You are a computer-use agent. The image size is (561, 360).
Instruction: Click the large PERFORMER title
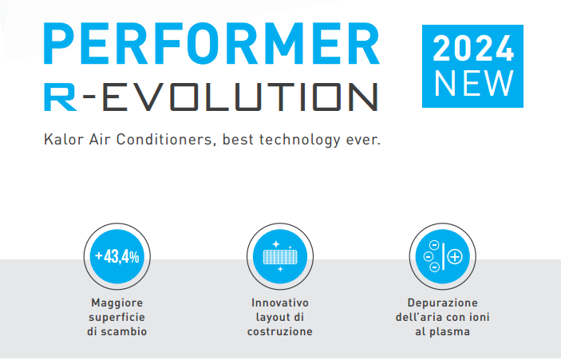pos(211,43)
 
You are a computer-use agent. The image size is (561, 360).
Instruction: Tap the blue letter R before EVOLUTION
pos(60,97)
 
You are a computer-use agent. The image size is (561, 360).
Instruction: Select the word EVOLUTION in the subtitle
pos(240,97)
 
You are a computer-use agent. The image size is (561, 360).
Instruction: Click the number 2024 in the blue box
pos(473,48)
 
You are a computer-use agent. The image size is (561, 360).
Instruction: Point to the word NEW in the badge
pos(474,83)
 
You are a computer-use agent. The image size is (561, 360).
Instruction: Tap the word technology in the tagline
pos(299,140)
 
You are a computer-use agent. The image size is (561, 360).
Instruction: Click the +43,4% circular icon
pos(117,256)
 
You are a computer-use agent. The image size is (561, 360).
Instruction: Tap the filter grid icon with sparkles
pos(280,256)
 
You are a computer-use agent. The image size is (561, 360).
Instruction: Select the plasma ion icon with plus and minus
pos(443,256)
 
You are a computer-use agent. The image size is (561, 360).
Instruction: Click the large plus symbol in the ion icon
pos(455,256)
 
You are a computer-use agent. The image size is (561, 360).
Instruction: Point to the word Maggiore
pos(117,303)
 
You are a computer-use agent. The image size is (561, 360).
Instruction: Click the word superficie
pos(117,318)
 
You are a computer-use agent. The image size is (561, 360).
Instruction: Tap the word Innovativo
pos(280,303)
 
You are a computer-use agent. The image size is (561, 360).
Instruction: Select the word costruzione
pos(280,331)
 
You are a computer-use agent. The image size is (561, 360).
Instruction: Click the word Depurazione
pos(443,303)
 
